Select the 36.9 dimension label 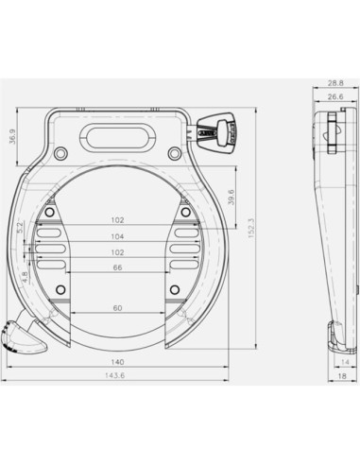tap(12, 137)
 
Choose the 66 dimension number tap(117, 267)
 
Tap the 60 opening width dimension tap(117, 308)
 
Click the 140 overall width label tap(117, 361)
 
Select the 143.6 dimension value tap(117, 376)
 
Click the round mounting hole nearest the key tap(174, 153)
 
